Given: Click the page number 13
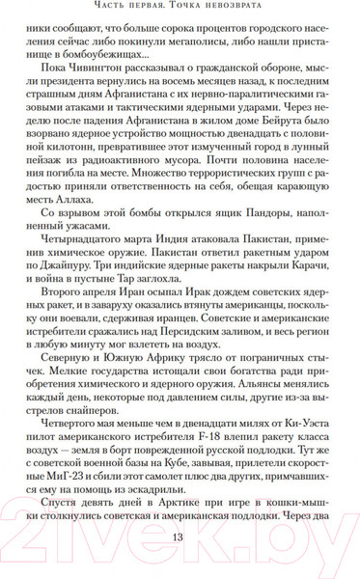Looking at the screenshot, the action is point(179,565).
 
